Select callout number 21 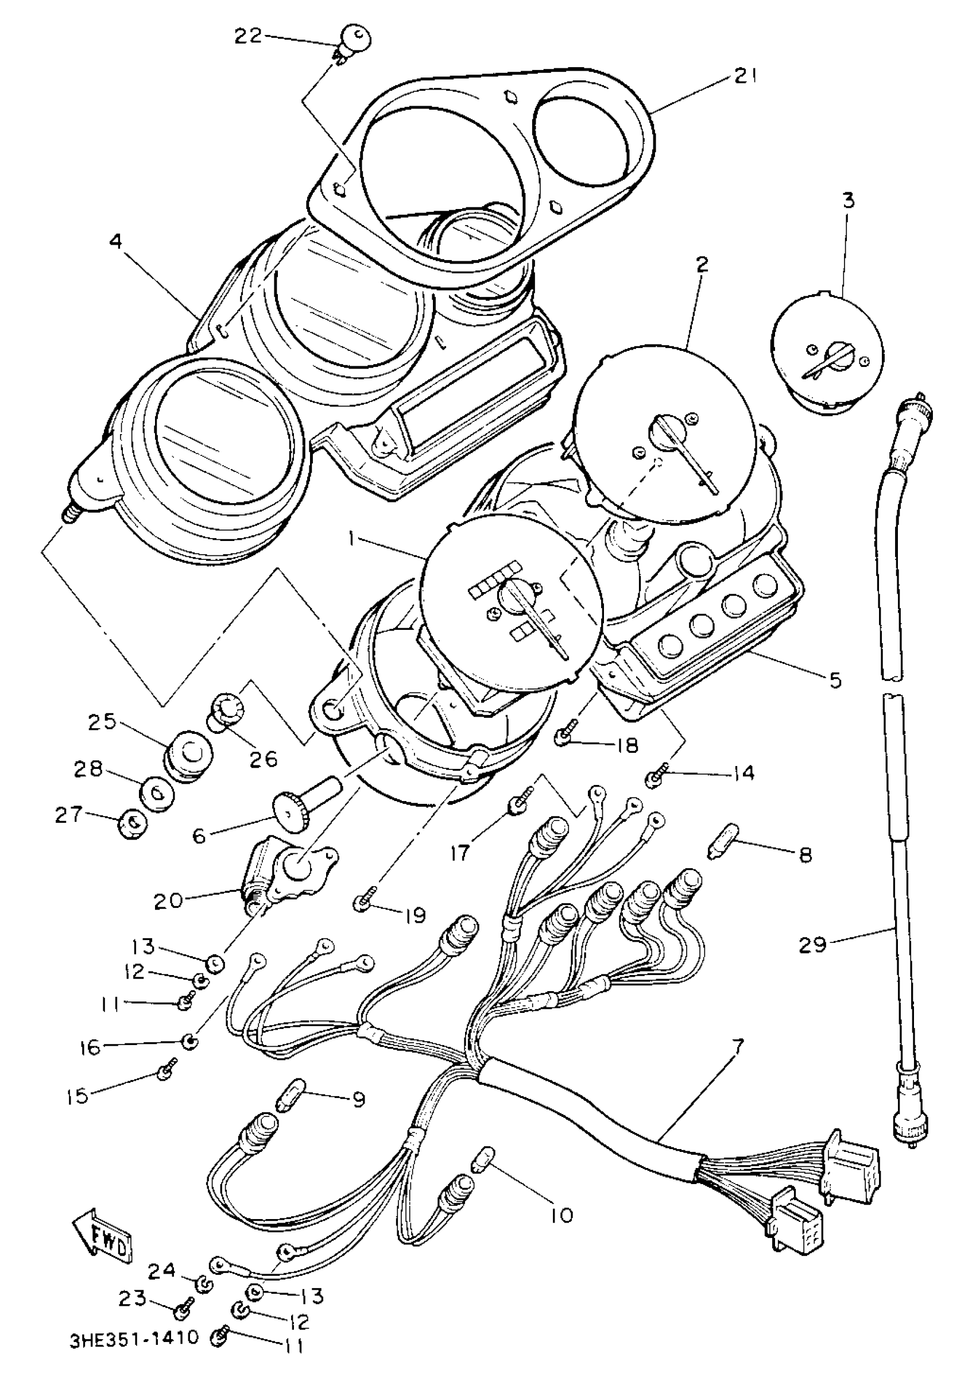[x=745, y=77]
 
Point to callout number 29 [x=812, y=945]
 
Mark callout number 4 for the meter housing [x=115, y=242]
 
